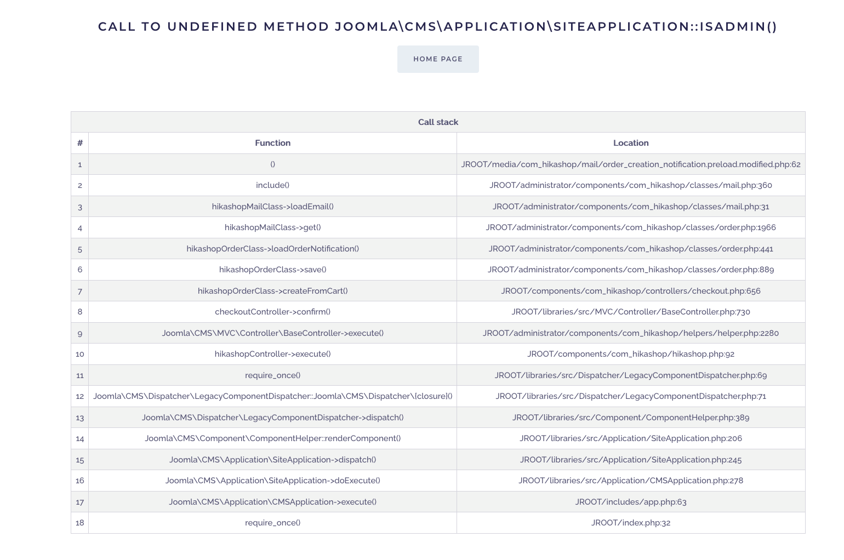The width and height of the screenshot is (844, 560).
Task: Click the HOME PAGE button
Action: (438, 59)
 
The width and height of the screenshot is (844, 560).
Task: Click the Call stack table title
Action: (438, 122)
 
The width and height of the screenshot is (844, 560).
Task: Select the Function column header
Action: (272, 143)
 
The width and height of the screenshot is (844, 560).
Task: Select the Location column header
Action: (631, 143)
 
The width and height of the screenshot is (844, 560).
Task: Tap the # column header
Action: (80, 143)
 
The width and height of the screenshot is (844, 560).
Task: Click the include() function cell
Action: (272, 185)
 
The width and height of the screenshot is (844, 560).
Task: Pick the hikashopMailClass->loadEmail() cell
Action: (272, 207)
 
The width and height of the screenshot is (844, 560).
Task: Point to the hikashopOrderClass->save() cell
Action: (272, 270)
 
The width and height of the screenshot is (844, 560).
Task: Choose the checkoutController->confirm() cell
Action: (272, 312)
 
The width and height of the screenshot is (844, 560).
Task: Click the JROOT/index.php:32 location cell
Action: (631, 523)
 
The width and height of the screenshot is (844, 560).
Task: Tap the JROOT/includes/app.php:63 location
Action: (631, 502)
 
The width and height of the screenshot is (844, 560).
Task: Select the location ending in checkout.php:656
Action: (631, 291)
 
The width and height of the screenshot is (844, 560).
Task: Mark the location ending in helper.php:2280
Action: (631, 333)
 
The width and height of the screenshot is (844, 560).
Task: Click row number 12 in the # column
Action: (80, 396)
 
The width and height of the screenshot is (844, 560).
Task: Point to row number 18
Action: (80, 523)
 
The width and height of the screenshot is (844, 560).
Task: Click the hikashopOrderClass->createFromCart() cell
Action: (272, 291)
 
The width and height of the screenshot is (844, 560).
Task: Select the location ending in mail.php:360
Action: (631, 185)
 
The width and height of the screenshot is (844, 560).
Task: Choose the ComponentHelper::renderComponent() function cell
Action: (272, 438)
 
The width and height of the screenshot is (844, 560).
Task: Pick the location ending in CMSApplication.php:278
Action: (631, 481)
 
